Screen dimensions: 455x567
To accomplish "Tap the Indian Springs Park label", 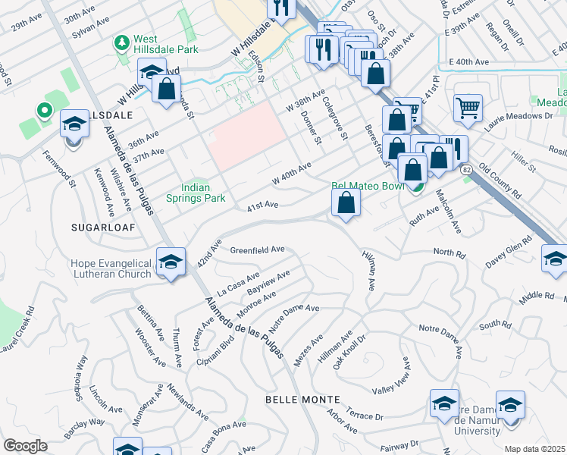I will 203,193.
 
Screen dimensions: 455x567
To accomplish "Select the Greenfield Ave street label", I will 257,249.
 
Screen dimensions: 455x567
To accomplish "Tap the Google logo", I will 25,445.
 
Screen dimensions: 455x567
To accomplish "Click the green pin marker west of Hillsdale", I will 44,111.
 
